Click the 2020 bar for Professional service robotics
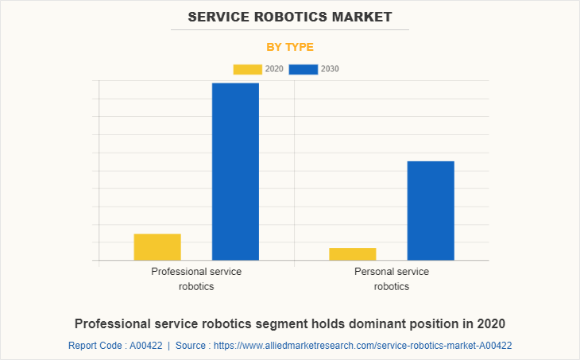pyautogui.click(x=157, y=246)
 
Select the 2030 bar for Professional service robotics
pyautogui.click(x=235, y=171)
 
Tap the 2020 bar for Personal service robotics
pyautogui.click(x=352, y=254)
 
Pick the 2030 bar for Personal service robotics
pyautogui.click(x=431, y=211)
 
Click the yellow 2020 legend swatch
pyautogui.click(x=247, y=69)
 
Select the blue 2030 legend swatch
pyautogui.click(x=304, y=69)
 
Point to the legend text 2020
pyautogui.click(x=274, y=69)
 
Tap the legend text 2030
pyautogui.click(x=330, y=69)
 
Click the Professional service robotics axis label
pyautogui.click(x=196, y=279)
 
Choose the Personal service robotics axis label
pyautogui.click(x=392, y=279)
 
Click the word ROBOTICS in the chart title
pyautogui.click(x=289, y=17)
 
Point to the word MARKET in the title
pyautogui.click(x=362, y=17)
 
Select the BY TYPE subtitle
pyautogui.click(x=290, y=47)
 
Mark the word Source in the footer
pyautogui.click(x=191, y=346)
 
